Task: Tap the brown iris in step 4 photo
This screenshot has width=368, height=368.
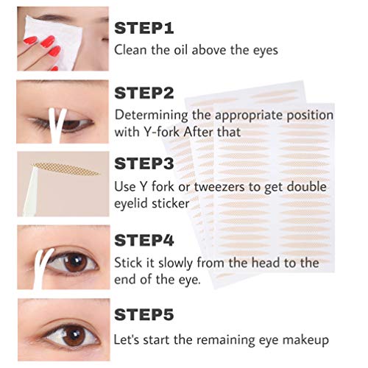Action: click(x=74, y=262)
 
